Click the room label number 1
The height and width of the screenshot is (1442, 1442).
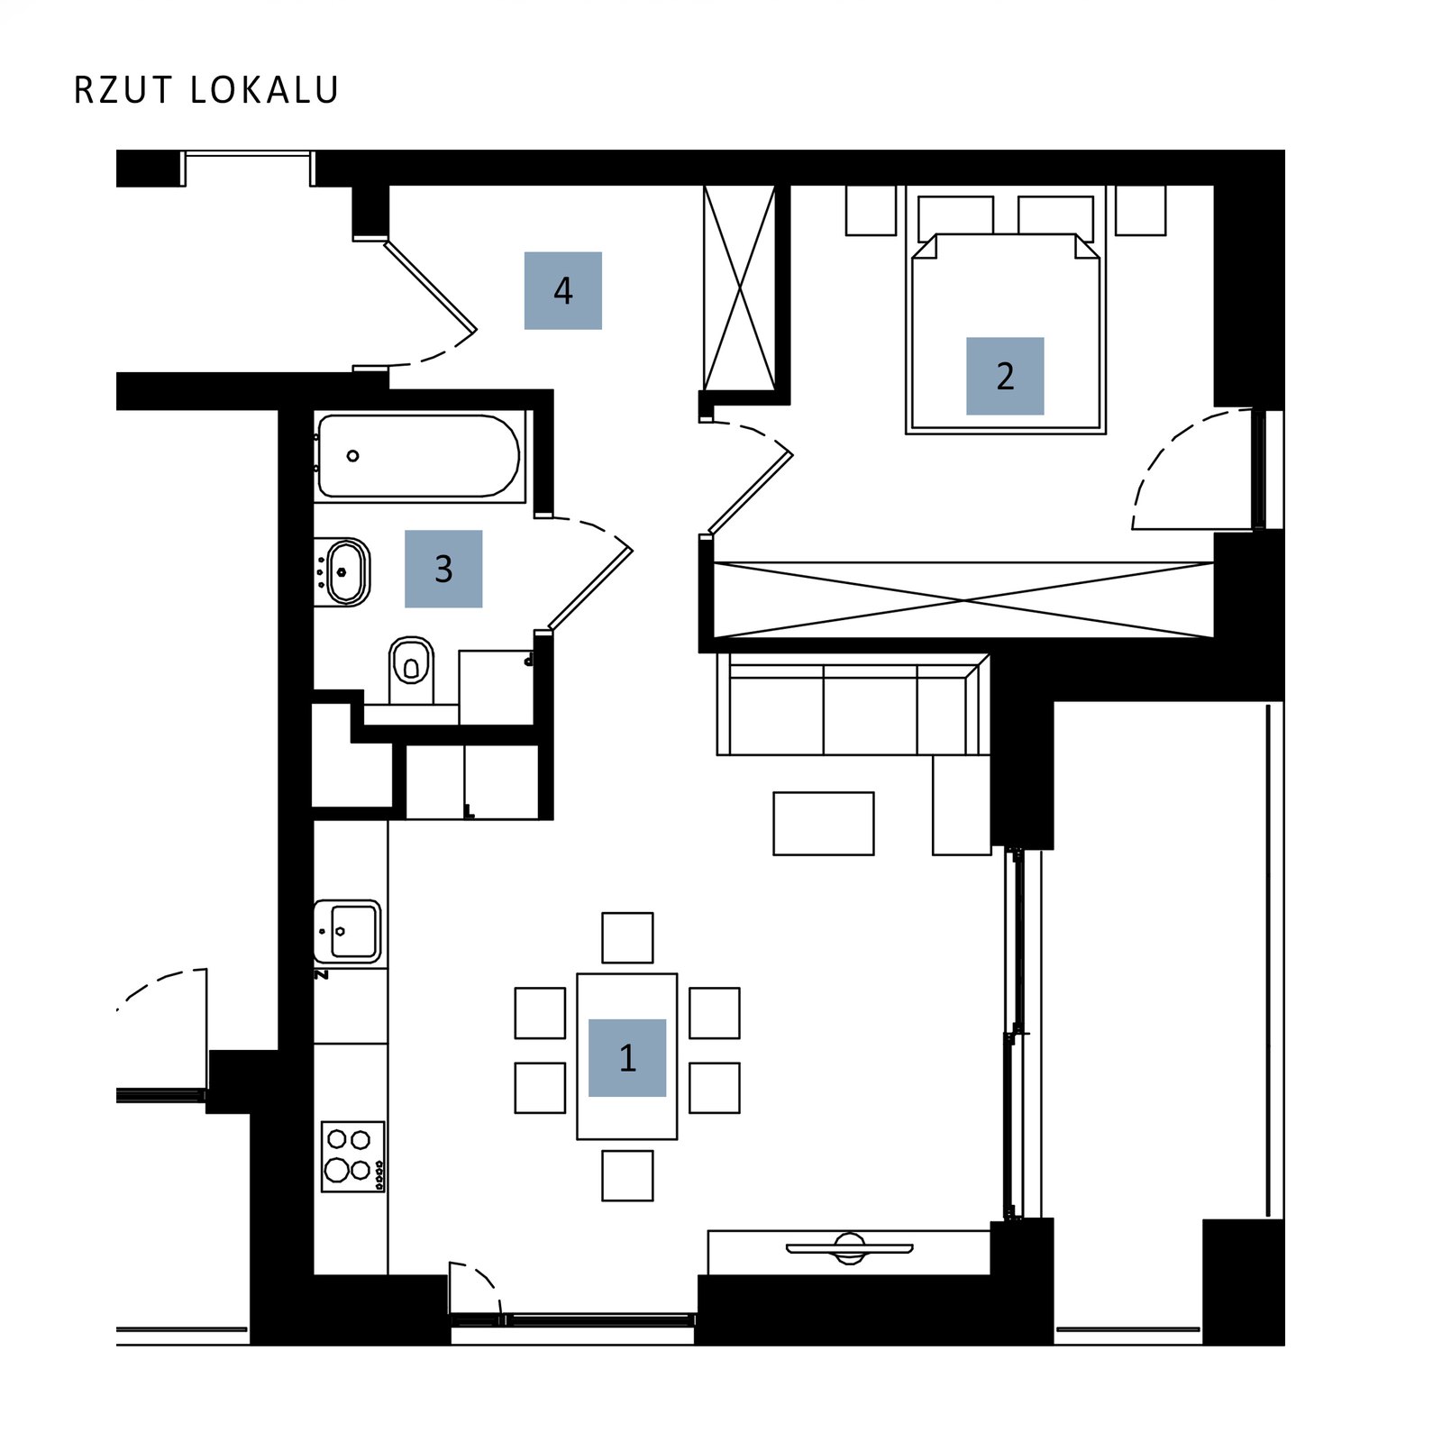point(626,1057)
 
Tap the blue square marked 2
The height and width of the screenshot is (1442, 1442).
point(1005,376)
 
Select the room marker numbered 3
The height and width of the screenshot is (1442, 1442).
point(443,569)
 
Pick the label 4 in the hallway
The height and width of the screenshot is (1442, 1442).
point(563,290)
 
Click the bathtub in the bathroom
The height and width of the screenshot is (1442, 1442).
point(419,456)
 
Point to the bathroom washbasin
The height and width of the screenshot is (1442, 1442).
point(345,571)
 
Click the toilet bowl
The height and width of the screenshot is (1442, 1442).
point(411,662)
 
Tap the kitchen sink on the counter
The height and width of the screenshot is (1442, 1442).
point(348,931)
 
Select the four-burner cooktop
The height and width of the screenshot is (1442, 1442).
point(353,1156)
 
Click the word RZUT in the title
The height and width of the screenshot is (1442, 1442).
point(123,90)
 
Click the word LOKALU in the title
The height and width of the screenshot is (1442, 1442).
point(265,90)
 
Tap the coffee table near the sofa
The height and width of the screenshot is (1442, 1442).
point(824,824)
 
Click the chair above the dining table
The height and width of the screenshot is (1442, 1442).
point(627,937)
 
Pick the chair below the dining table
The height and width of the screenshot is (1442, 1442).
point(627,1175)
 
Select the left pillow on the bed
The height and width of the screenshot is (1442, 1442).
point(955,218)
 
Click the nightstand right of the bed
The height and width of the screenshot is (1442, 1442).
point(1141,210)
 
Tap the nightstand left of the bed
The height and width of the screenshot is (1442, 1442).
point(871,210)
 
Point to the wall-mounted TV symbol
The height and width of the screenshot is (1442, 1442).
point(849,1249)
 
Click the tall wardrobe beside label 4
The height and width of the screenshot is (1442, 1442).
point(739,288)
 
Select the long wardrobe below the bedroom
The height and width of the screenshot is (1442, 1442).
point(963,599)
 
